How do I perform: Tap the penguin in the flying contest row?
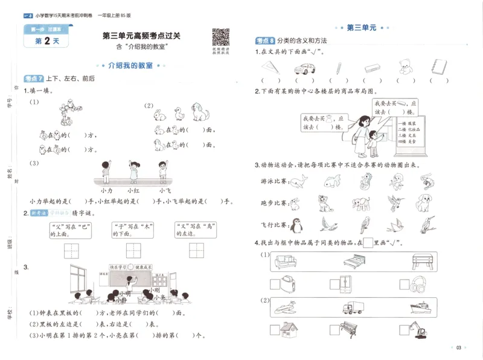coord(296,224)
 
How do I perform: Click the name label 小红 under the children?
coord(133,190)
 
